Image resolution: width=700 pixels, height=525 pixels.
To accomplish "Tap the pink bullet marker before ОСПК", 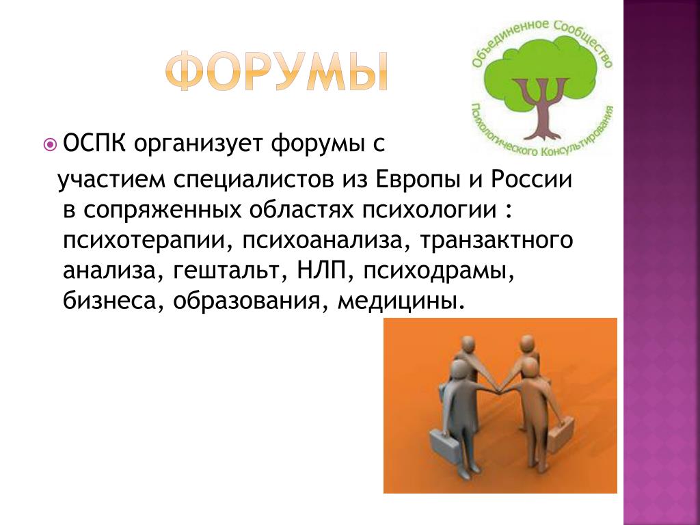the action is [x=51, y=144].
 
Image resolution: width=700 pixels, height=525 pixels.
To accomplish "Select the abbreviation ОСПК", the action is [x=94, y=144].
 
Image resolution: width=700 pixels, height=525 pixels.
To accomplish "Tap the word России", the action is [x=531, y=180].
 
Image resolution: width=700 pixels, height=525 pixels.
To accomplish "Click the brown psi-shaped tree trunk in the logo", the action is [x=541, y=107].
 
